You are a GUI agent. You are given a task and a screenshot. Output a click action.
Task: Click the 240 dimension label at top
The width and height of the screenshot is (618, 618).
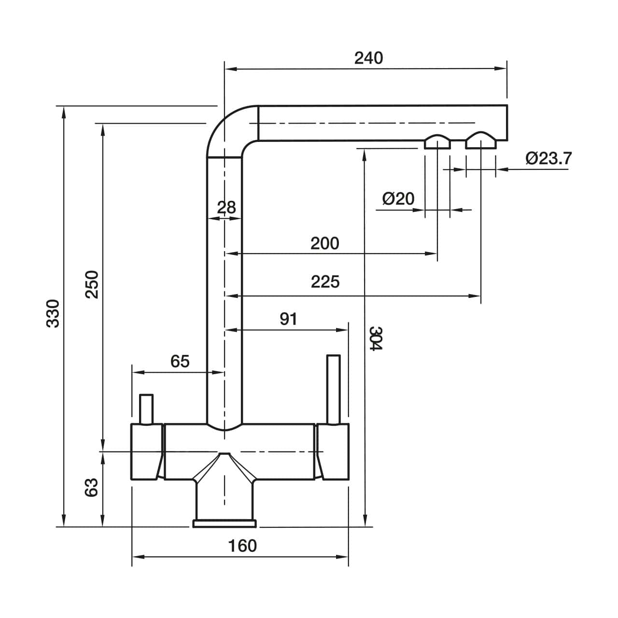coord(368,58)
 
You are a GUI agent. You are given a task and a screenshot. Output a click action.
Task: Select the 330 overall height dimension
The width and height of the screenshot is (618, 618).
coord(53,313)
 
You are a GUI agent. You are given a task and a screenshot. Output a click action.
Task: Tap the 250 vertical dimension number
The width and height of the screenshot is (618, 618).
coord(92,284)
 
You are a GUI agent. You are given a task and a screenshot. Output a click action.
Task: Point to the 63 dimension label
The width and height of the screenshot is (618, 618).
coord(92,487)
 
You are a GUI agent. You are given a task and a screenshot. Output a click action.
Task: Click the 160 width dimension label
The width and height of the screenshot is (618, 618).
coord(242,546)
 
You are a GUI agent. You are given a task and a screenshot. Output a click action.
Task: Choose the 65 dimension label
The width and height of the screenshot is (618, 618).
coord(180,361)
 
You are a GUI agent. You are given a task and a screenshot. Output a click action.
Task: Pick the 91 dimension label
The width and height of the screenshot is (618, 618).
coord(288,319)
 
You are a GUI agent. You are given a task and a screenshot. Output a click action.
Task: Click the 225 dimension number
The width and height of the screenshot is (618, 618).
coord(325,281)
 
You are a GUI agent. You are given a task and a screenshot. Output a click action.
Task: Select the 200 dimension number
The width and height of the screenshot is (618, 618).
coord(324,243)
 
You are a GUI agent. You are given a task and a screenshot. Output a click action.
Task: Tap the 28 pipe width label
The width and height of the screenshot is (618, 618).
coord(226,208)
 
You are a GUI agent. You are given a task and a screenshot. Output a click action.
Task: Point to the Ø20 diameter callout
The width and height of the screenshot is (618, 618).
coord(398,198)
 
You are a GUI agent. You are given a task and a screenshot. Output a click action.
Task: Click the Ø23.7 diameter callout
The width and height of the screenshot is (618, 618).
coord(548,158)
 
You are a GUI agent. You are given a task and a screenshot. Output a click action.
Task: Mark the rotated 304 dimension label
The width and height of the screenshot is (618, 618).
coord(376,338)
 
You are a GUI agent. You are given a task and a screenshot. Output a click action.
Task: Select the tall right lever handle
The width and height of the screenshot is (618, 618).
coord(333,389)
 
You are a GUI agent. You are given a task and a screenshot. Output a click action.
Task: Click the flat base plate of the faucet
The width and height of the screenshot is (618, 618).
coord(225,523)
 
